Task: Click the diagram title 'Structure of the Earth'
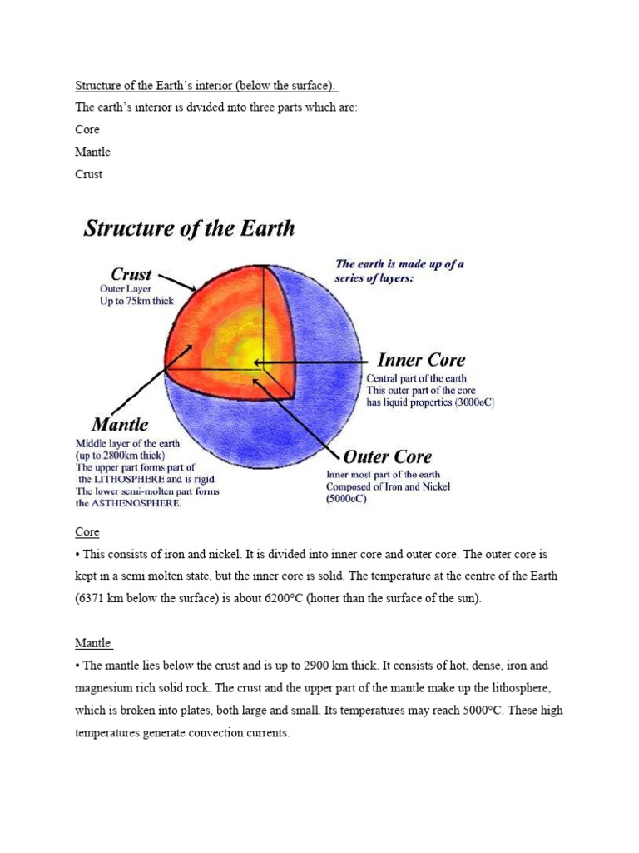pyautogui.click(x=189, y=229)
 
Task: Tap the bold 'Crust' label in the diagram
pyautogui.click(x=131, y=274)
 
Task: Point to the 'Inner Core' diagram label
pyautogui.click(x=421, y=361)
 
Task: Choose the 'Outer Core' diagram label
pyautogui.click(x=388, y=456)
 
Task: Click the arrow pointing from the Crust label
pyautogui.click(x=176, y=281)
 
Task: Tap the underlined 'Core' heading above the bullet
pyautogui.click(x=87, y=531)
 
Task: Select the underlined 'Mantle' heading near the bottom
pyautogui.click(x=93, y=643)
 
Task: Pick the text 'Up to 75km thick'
pyautogui.click(x=137, y=301)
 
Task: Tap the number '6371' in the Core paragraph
pyautogui.click(x=93, y=598)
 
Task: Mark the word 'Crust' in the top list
pyautogui.click(x=88, y=174)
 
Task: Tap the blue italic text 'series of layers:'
pyautogui.click(x=374, y=278)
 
